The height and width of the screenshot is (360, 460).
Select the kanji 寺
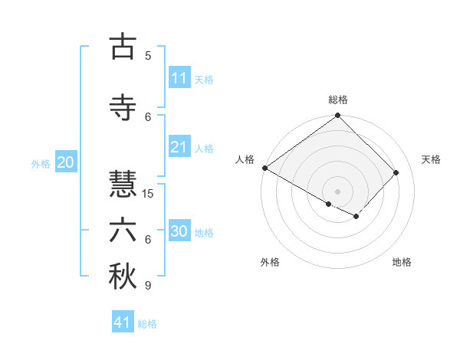[x=123, y=107]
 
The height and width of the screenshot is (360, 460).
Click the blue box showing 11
[x=179, y=78]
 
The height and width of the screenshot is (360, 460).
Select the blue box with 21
[x=179, y=147]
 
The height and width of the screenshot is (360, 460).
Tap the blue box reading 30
[x=179, y=231]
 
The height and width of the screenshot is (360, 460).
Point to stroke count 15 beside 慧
[x=148, y=193]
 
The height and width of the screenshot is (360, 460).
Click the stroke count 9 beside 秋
[x=148, y=286]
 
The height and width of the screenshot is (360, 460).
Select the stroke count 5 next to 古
[x=148, y=55]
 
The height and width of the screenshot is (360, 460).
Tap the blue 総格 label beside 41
[x=147, y=324]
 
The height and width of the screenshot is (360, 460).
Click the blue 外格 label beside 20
[x=41, y=163]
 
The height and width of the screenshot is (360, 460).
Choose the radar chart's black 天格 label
[x=431, y=159]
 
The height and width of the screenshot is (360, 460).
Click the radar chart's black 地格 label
[x=402, y=262]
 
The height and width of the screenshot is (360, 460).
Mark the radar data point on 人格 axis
[x=264, y=168]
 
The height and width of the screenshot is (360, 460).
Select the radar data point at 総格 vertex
[x=337, y=116]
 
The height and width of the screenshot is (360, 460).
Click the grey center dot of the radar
[x=337, y=191]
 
